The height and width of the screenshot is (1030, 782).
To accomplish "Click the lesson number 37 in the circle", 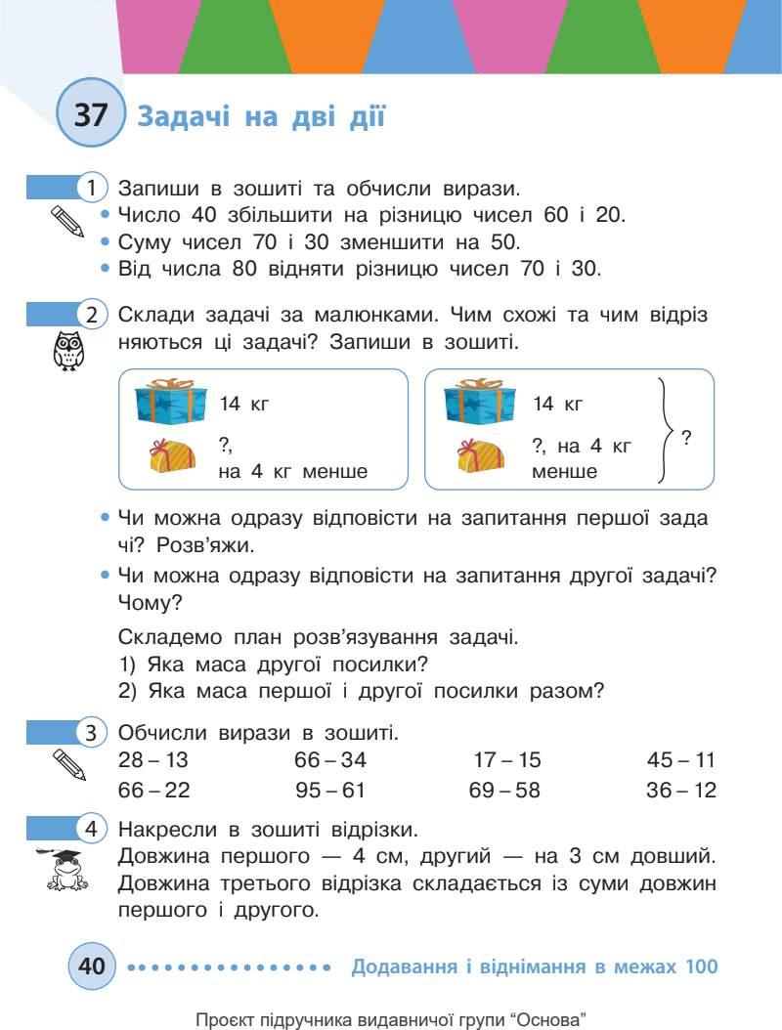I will point(91,116).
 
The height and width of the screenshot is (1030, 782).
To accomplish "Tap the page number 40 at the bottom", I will point(91,966).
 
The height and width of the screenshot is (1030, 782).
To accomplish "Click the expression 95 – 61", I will point(330,790).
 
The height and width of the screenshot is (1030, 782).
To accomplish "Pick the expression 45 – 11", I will point(681,760).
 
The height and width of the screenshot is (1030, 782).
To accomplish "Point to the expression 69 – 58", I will point(504,790).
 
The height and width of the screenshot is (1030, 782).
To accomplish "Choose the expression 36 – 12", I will point(681,790).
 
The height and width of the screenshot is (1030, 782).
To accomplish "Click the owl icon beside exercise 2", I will point(67,351).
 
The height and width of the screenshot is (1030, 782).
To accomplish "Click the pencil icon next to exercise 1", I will point(67,221).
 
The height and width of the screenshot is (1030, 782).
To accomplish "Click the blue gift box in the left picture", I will point(171,403).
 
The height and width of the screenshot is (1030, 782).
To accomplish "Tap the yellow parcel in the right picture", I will point(481,455).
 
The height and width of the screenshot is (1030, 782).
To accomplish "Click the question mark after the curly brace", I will point(686,438).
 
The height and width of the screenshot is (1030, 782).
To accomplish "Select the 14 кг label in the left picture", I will point(243,403).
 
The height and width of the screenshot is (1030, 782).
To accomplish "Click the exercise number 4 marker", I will point(91,830).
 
